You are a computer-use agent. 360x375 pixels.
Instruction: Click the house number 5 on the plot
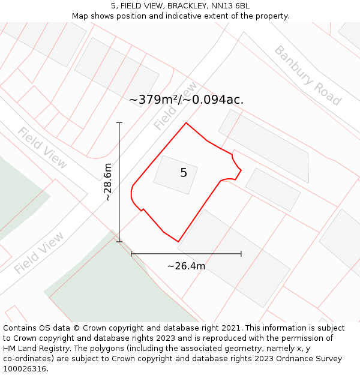184,173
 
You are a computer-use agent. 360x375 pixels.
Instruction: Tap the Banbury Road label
307,75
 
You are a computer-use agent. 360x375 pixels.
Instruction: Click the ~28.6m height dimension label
107,182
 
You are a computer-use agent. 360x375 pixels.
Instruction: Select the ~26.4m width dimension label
186,266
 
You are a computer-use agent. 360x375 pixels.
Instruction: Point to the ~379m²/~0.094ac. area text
186,100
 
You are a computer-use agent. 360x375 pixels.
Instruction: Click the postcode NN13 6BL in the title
230,6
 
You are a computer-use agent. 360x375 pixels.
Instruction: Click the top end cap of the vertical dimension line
119,123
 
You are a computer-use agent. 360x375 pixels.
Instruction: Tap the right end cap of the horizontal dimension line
241,254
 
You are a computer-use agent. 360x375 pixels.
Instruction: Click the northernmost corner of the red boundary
186,123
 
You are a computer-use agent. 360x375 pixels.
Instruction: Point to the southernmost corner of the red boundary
178,242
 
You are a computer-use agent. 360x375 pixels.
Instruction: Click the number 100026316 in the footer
24,369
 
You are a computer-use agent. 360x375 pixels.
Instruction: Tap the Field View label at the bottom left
39,253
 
